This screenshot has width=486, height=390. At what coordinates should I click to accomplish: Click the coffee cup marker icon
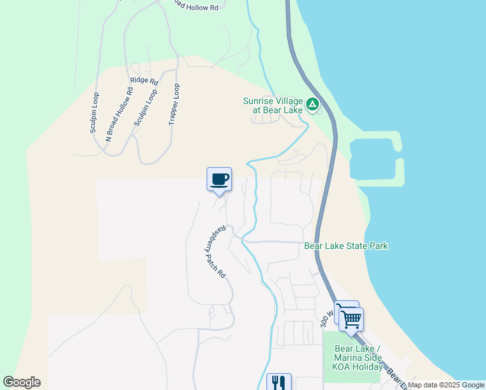click(x=220, y=179)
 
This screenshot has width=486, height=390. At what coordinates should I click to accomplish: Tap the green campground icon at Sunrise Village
click(x=313, y=103)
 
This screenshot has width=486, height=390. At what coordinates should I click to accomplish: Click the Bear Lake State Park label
click(x=346, y=246)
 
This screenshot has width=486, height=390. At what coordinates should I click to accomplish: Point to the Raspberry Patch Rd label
click(x=217, y=252)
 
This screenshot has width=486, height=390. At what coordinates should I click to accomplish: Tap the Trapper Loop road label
click(x=173, y=104)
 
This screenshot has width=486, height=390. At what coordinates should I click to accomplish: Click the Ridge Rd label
click(x=144, y=81)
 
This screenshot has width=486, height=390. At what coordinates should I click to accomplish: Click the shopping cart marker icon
click(x=351, y=319)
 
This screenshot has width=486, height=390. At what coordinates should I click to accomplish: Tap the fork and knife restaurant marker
click(x=279, y=382)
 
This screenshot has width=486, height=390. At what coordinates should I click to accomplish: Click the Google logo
click(x=22, y=382)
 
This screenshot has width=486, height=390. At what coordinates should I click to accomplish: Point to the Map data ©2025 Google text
click(x=446, y=385)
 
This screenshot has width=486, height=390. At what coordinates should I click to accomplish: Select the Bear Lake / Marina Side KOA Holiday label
click(x=357, y=358)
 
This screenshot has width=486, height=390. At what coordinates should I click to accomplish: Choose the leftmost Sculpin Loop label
click(x=95, y=113)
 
